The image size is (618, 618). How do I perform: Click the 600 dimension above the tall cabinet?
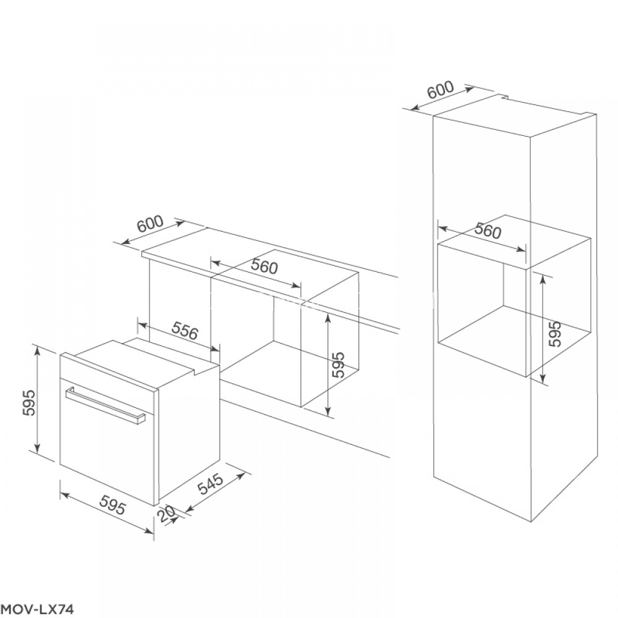[441, 91]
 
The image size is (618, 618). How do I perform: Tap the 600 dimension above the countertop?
[150, 224]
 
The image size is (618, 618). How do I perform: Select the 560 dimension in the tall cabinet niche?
[488, 230]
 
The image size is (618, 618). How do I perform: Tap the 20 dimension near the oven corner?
[167, 514]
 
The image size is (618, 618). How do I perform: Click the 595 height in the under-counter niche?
[338, 365]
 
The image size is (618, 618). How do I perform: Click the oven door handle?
[106, 405]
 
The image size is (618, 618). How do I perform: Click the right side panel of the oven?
[188, 434]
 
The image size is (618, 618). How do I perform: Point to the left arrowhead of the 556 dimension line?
[143, 326]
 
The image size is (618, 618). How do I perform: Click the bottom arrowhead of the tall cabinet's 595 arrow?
[543, 379]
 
